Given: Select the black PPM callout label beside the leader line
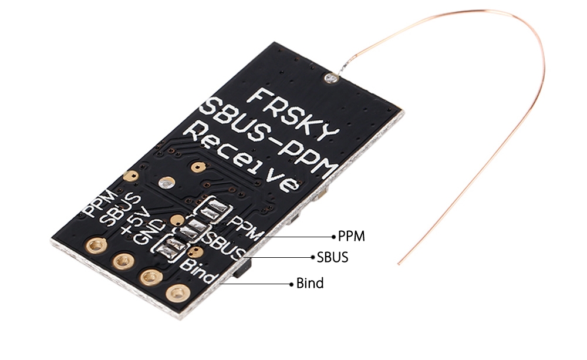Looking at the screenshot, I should (352, 236).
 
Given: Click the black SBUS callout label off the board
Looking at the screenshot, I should (332, 257).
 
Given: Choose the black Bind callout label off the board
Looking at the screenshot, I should (310, 284).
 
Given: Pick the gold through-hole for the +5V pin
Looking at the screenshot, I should (150, 275).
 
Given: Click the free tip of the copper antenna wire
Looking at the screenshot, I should (399, 263).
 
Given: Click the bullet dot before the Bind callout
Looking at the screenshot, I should (291, 284).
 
